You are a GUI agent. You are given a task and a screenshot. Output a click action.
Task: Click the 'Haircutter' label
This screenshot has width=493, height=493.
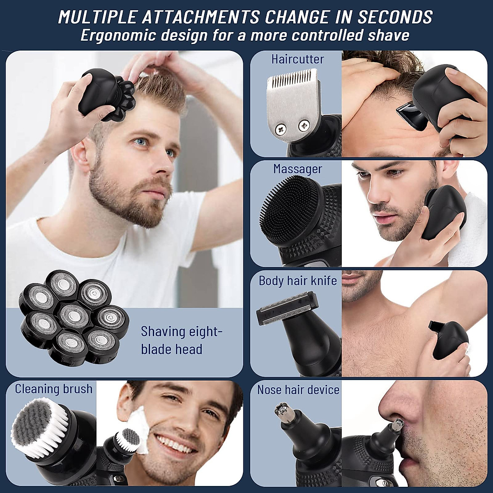click(x=297, y=59)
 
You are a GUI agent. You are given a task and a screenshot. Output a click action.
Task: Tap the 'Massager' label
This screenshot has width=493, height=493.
click(x=297, y=169)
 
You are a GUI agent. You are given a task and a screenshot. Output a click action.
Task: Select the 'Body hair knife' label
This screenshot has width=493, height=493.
click(x=297, y=281)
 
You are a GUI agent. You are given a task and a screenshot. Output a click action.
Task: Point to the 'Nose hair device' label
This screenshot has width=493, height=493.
click(x=298, y=389)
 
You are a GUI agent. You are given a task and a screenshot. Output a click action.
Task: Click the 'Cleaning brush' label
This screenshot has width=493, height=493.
click(x=54, y=389)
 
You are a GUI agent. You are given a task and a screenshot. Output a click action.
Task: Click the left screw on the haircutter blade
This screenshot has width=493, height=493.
click(x=280, y=129)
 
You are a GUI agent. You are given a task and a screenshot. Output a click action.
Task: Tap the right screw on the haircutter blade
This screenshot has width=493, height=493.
click(x=304, y=124)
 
